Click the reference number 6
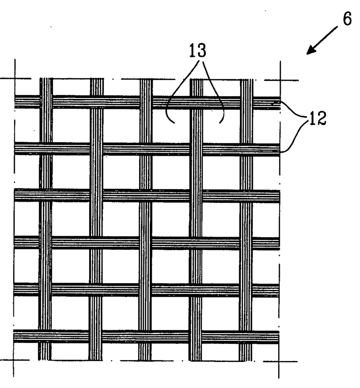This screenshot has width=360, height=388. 347,18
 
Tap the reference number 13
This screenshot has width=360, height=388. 198,50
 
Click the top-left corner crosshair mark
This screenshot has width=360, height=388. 15,79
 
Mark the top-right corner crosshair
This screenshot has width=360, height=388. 280,80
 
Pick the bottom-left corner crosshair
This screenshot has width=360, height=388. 13,360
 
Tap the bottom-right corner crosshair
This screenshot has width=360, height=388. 279,361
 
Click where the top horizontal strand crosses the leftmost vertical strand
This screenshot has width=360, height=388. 46,102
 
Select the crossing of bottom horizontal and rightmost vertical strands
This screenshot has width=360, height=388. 245,337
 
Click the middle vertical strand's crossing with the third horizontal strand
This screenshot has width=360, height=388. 145,195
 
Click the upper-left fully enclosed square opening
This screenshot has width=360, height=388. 71,126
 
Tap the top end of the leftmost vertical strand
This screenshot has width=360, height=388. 46,79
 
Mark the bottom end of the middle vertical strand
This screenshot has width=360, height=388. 145,360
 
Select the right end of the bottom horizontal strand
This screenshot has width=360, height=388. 279,337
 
